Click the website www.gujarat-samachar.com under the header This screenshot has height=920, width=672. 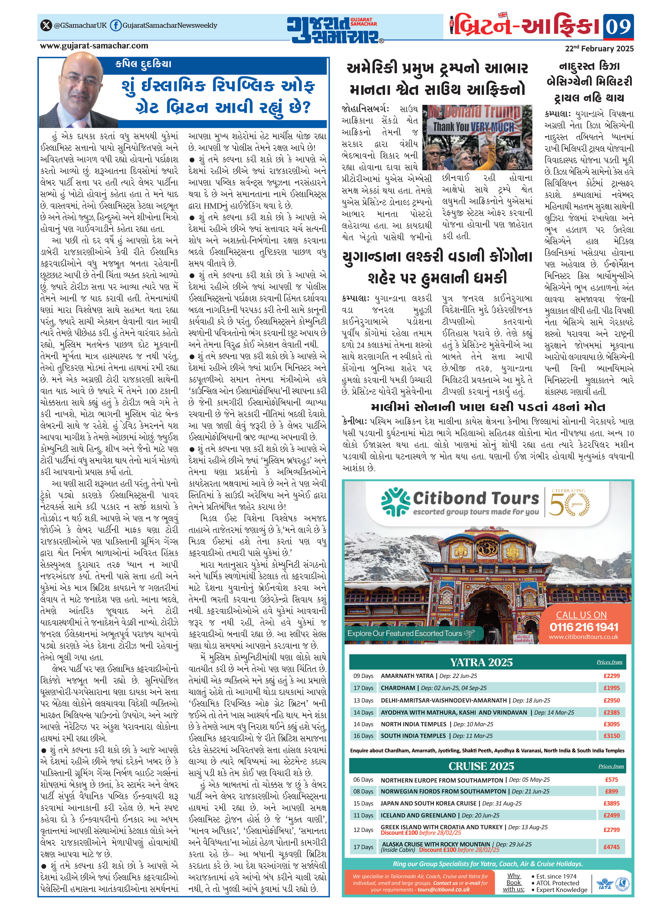pyautogui.click(x=94, y=46)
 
